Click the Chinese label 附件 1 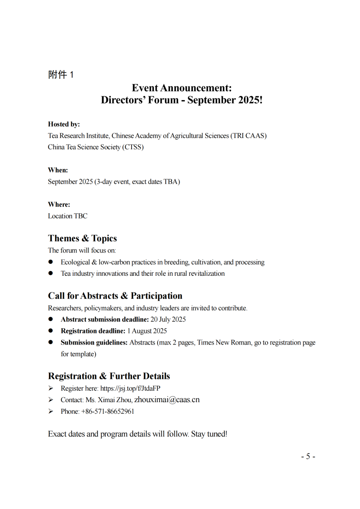click(x=61, y=75)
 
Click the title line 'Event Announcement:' click(x=182, y=88)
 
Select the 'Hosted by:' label click(x=64, y=124)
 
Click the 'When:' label click(x=58, y=170)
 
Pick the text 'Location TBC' click(x=68, y=216)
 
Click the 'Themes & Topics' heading click(x=82, y=238)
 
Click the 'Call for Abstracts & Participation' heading click(x=115, y=296)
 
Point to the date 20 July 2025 click(x=168, y=319)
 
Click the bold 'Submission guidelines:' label click(x=94, y=343)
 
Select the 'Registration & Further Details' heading click(x=109, y=376)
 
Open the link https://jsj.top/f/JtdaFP click(x=130, y=388)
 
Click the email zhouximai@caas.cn click(x=167, y=400)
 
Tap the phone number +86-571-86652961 click(x=108, y=411)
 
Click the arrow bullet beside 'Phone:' click(x=51, y=411)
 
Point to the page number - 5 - click(x=308, y=457)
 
